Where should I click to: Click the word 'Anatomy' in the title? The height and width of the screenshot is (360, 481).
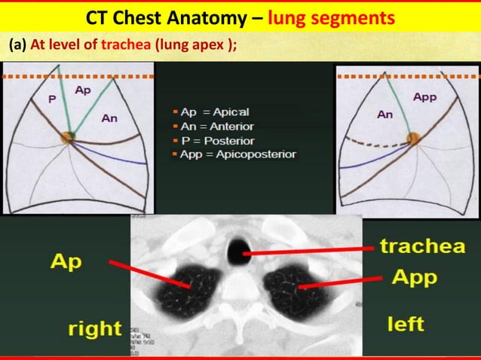pyautogui.click(x=169, y=17)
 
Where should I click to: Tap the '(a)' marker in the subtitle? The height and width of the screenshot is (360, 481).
pyautogui.click(x=17, y=44)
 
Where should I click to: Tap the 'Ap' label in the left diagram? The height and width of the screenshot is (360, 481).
pyautogui.click(x=83, y=90)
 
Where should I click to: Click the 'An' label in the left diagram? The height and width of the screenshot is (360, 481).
pyautogui.click(x=109, y=118)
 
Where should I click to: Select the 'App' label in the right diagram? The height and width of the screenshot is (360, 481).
pyautogui.click(x=424, y=96)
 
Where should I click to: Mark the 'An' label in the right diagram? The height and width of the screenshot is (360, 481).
pyautogui.click(x=384, y=114)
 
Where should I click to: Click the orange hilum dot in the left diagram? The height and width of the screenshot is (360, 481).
pyautogui.click(x=69, y=137)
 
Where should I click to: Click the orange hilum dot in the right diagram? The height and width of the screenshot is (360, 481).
pyautogui.click(x=412, y=138)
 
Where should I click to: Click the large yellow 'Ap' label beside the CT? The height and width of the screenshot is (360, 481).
pyautogui.click(x=66, y=261)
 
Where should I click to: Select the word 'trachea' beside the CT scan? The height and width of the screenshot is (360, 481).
pyautogui.click(x=421, y=246)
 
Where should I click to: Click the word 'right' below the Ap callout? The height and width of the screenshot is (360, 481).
pyautogui.click(x=95, y=328)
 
